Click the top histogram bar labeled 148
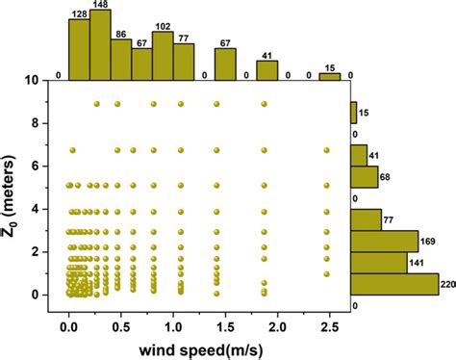pyautogui.click(x=100, y=44)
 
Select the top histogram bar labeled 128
pyautogui.click(x=78, y=48)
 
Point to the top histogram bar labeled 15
pyautogui.click(x=330, y=76)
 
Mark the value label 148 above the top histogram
pyautogui.click(x=100, y=5)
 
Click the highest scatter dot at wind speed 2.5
pyautogui.click(x=327, y=150)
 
